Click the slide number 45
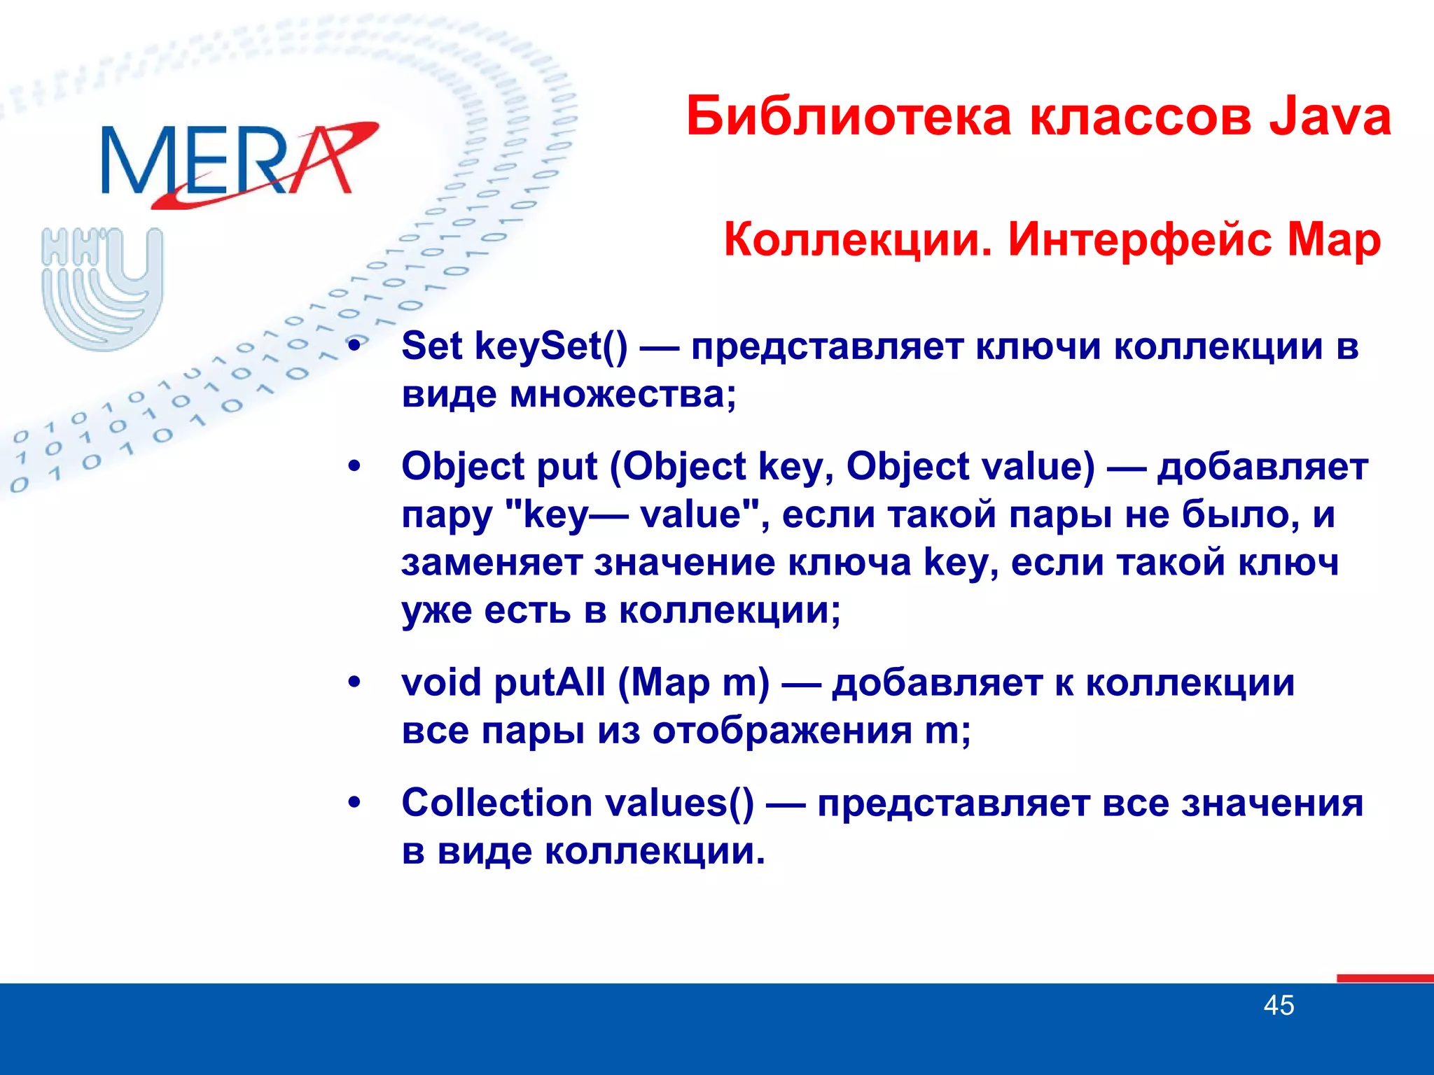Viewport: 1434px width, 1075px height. click(1279, 1006)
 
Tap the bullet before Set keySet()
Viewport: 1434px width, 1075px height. click(356, 346)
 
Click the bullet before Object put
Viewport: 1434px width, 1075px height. click(356, 467)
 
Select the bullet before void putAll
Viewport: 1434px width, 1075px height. click(356, 682)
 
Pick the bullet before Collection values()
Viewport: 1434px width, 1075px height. click(356, 803)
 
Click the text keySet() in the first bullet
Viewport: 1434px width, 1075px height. click(552, 346)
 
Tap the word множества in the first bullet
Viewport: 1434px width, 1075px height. click(622, 395)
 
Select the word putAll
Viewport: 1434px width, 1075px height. click(550, 682)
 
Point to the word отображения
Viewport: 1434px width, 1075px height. click(782, 731)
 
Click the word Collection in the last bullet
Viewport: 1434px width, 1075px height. click(496, 803)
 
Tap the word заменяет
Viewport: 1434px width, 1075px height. click(492, 563)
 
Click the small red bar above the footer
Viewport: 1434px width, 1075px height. click(1384, 978)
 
